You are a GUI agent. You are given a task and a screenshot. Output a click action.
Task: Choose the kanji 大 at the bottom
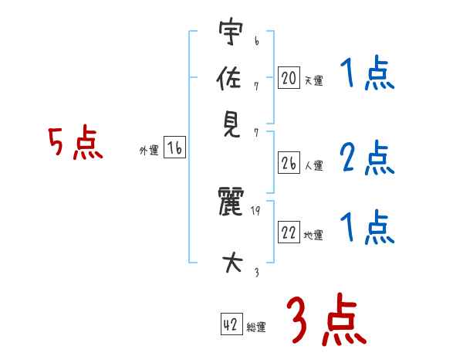[x=231, y=263]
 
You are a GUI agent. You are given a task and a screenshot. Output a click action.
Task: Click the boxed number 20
[x=289, y=77]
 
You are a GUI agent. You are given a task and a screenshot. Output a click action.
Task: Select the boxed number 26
[x=289, y=163]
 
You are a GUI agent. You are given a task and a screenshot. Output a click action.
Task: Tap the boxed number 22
[x=289, y=233]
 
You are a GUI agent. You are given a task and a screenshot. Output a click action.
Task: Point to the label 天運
[x=313, y=80]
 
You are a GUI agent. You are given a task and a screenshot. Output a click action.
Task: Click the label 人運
[x=313, y=165]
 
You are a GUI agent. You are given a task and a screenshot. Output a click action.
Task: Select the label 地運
[x=313, y=236]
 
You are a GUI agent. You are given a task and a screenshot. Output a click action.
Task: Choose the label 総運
[x=256, y=327]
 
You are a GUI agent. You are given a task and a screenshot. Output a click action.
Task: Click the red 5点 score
[x=76, y=144]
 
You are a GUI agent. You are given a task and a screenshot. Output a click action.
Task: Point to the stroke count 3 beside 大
[x=255, y=271]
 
